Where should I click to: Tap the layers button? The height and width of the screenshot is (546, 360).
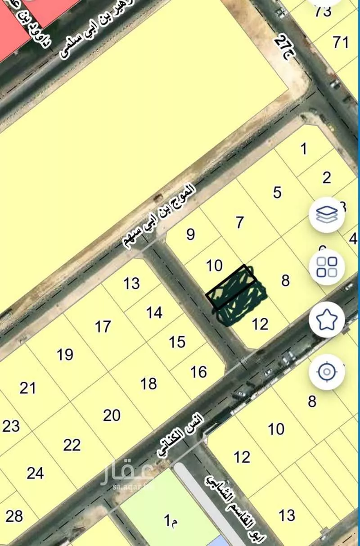pyautogui.click(x=327, y=215)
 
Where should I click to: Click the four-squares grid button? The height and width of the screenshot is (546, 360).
pyautogui.click(x=327, y=267)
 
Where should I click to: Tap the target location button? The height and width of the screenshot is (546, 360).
pyautogui.click(x=327, y=372)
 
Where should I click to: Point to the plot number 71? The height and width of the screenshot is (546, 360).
pyautogui.click(x=341, y=43)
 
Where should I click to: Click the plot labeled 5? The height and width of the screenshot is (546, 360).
pyautogui.click(x=277, y=193)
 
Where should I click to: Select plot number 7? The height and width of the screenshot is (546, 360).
pyautogui.click(x=240, y=222)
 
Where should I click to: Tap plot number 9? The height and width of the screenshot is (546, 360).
pyautogui.click(x=191, y=235)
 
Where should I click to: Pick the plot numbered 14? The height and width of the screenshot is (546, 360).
pyautogui.click(x=154, y=312)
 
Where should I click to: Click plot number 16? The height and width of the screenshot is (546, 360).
pyautogui.click(x=198, y=372)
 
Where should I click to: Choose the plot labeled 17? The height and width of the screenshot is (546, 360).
pyautogui.click(x=103, y=327)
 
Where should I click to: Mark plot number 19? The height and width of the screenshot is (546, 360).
pyautogui.click(x=65, y=355)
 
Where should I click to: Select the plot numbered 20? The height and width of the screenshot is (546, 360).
pyautogui.click(x=112, y=415)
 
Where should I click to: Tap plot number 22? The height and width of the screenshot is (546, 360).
pyautogui.click(x=72, y=445)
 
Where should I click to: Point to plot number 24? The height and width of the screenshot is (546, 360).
pyautogui.click(x=35, y=473)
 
